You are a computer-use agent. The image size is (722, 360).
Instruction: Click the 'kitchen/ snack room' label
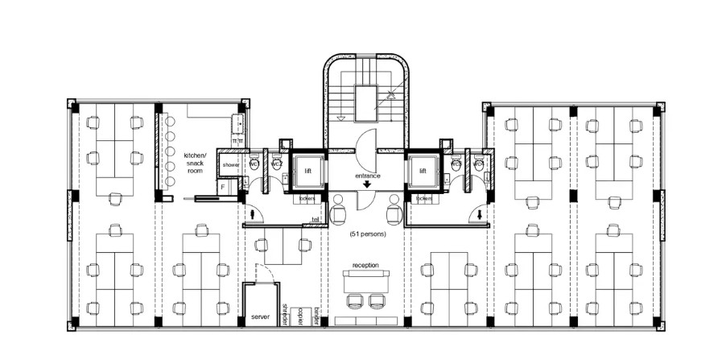[x=195, y=162]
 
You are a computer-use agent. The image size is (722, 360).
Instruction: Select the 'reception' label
[x=365, y=264]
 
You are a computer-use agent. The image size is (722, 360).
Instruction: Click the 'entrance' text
[x=367, y=175]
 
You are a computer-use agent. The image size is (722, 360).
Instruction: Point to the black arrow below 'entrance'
[x=367, y=185]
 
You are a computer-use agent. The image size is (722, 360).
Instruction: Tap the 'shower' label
[x=231, y=164]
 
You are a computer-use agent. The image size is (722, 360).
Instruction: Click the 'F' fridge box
[x=223, y=187]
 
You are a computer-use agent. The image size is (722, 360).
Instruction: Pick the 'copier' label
[x=299, y=314]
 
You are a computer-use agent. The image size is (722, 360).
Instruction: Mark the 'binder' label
[x=316, y=314]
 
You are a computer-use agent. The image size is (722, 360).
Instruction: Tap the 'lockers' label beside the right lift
[x=422, y=197]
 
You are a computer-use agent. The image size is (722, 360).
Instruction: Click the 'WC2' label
[x=276, y=164]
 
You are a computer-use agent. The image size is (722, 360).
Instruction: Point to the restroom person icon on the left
[x=254, y=215]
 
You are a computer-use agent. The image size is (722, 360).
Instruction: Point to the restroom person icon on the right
[x=480, y=215]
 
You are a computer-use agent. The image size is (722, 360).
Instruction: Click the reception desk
[x=365, y=281]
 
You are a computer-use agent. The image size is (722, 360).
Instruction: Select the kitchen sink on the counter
[x=237, y=124]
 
